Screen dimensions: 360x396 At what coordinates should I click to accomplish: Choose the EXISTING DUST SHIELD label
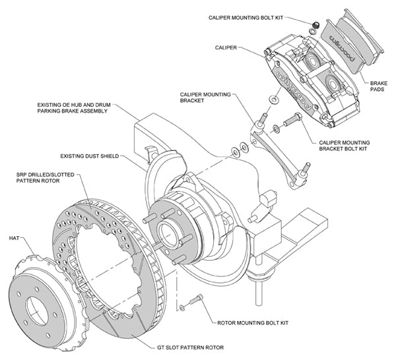pyautogui.click(x=90, y=156)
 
